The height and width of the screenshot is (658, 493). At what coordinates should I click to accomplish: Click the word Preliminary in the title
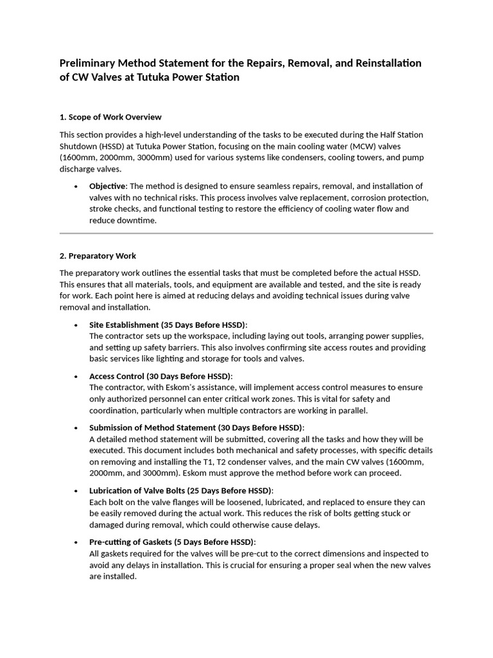(x=90, y=63)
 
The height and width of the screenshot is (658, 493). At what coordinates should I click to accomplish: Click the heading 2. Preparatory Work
(x=98, y=256)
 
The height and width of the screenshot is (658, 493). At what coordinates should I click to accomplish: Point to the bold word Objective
(x=108, y=186)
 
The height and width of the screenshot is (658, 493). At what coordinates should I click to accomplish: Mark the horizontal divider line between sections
(x=246, y=233)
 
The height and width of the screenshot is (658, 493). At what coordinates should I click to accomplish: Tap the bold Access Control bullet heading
(x=160, y=376)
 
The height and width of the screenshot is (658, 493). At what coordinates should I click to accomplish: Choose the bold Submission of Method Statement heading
(x=196, y=428)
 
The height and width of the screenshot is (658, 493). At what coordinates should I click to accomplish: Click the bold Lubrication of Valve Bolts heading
(x=180, y=490)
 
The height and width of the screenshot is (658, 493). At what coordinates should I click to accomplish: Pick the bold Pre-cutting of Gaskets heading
(x=172, y=542)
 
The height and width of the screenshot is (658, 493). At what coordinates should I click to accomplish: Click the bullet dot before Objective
(x=76, y=186)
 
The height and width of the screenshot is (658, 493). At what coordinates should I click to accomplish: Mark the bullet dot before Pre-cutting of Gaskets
(x=76, y=542)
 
